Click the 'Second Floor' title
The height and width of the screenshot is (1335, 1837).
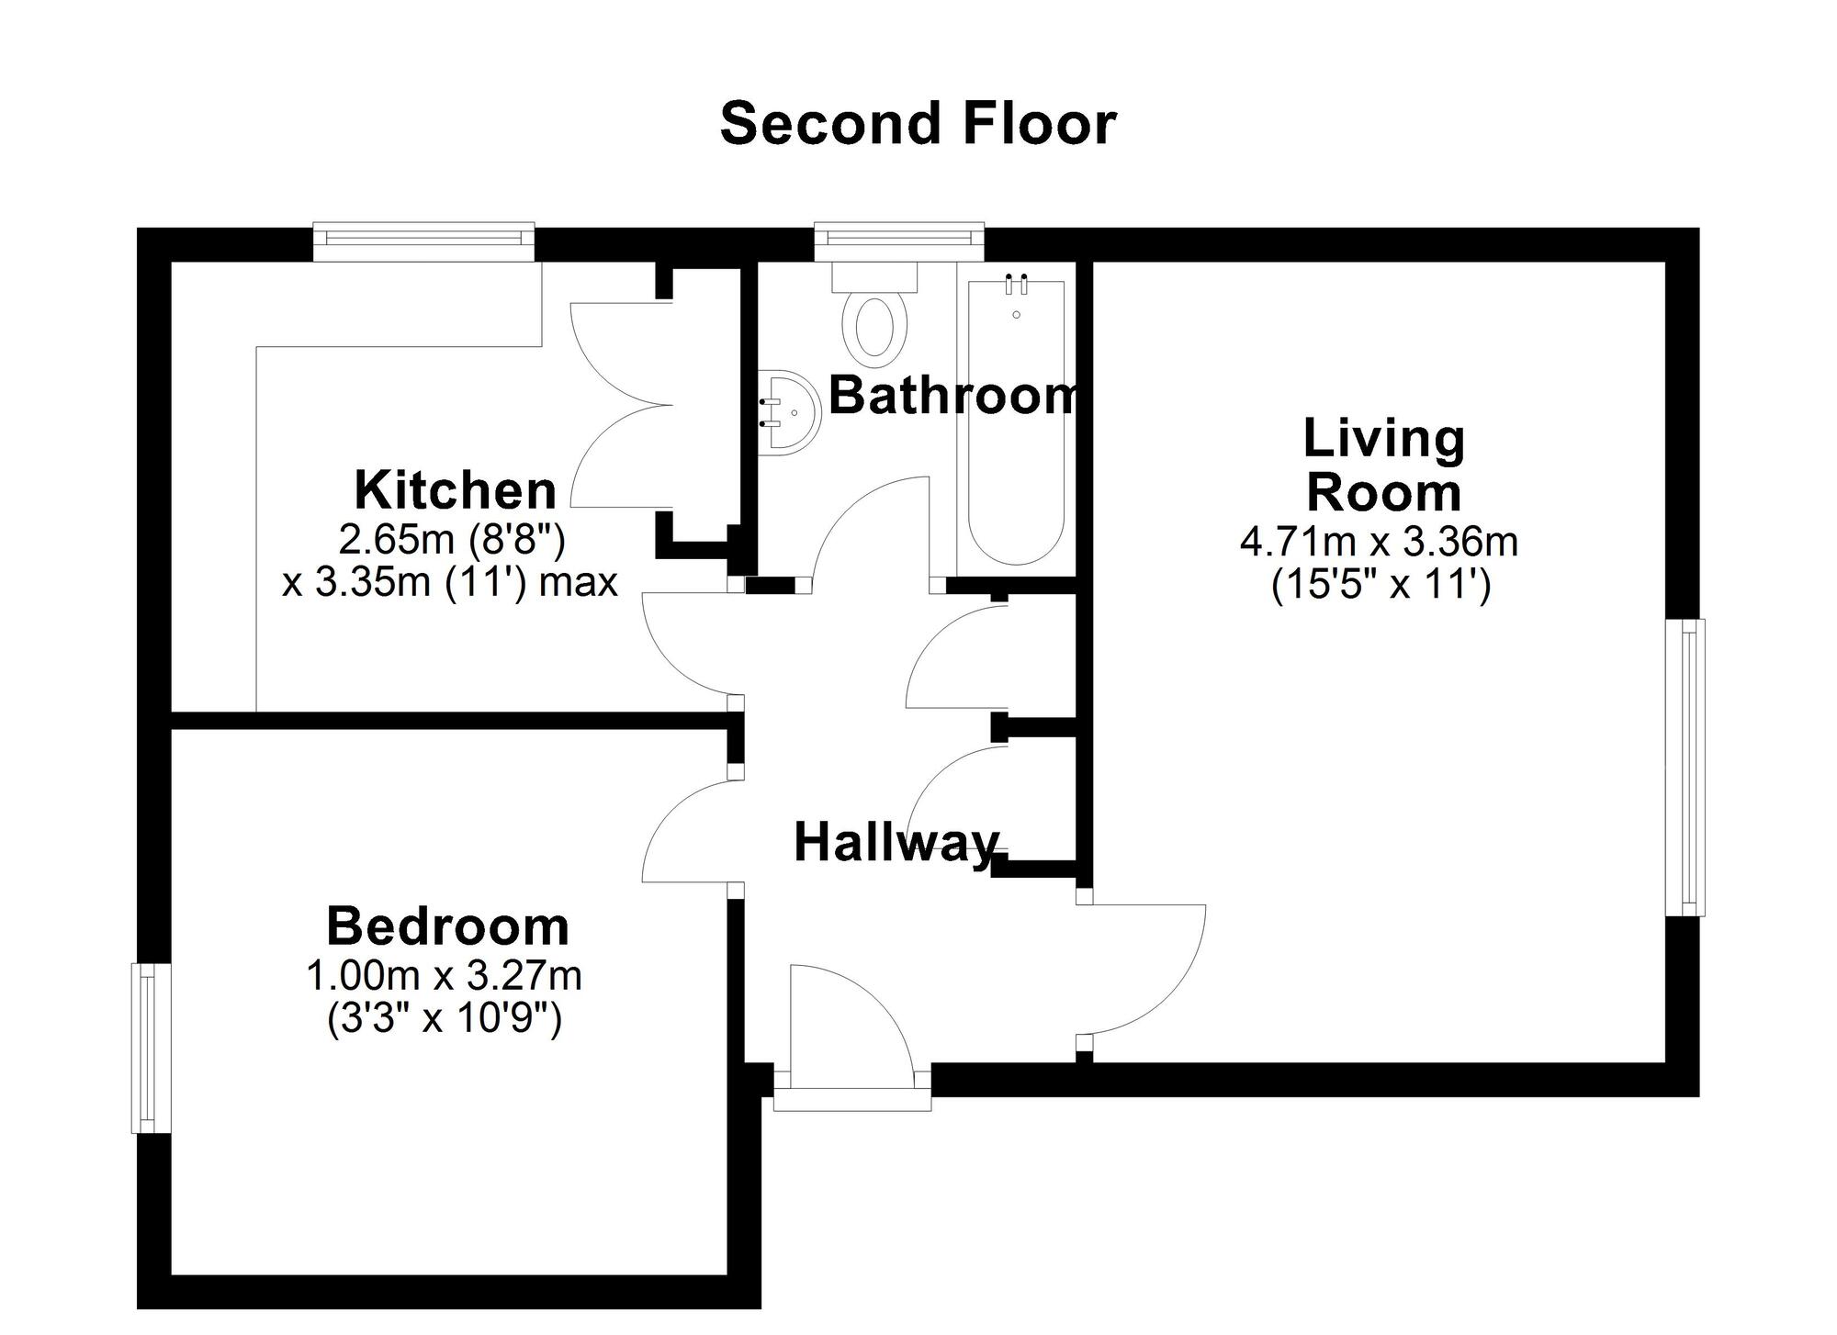tap(918, 124)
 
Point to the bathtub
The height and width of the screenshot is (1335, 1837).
tap(1016, 422)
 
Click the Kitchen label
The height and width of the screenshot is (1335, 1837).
tap(456, 490)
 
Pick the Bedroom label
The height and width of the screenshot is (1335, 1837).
tap(447, 926)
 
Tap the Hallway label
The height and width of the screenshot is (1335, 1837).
tap(896, 842)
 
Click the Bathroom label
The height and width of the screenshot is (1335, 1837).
tap(952, 396)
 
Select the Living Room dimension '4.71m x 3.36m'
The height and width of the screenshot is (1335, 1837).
tap(1379, 542)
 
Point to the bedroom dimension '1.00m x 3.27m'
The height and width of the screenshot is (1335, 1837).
tap(444, 975)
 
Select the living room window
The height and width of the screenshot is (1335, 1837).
tap(1686, 768)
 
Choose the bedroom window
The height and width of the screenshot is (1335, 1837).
tap(151, 1048)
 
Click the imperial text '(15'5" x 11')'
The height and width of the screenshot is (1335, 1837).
tap(1381, 585)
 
